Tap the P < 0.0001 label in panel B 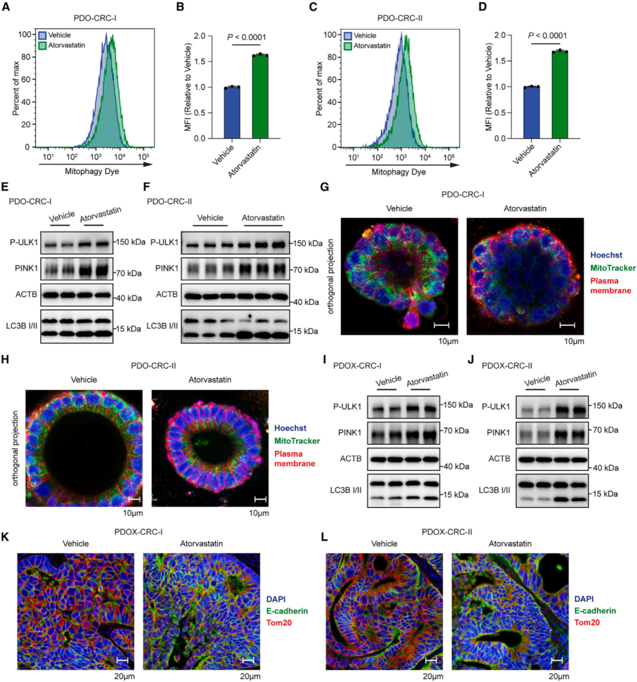coord(247,38)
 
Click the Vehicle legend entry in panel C coord(365,35)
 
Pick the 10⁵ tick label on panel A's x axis coord(143,157)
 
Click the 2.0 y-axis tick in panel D coord(500,35)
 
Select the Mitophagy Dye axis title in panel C coord(399,172)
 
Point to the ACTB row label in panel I coord(350,458)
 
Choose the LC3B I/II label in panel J coord(494,490)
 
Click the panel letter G coord(324,187)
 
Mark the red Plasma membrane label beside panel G coord(610,286)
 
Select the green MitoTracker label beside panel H coord(297,441)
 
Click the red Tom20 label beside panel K coord(280,622)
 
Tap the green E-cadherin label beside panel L coord(595,611)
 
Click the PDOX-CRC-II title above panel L coord(447,532)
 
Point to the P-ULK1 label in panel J coord(496,406)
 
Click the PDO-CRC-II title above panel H coord(153,365)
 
